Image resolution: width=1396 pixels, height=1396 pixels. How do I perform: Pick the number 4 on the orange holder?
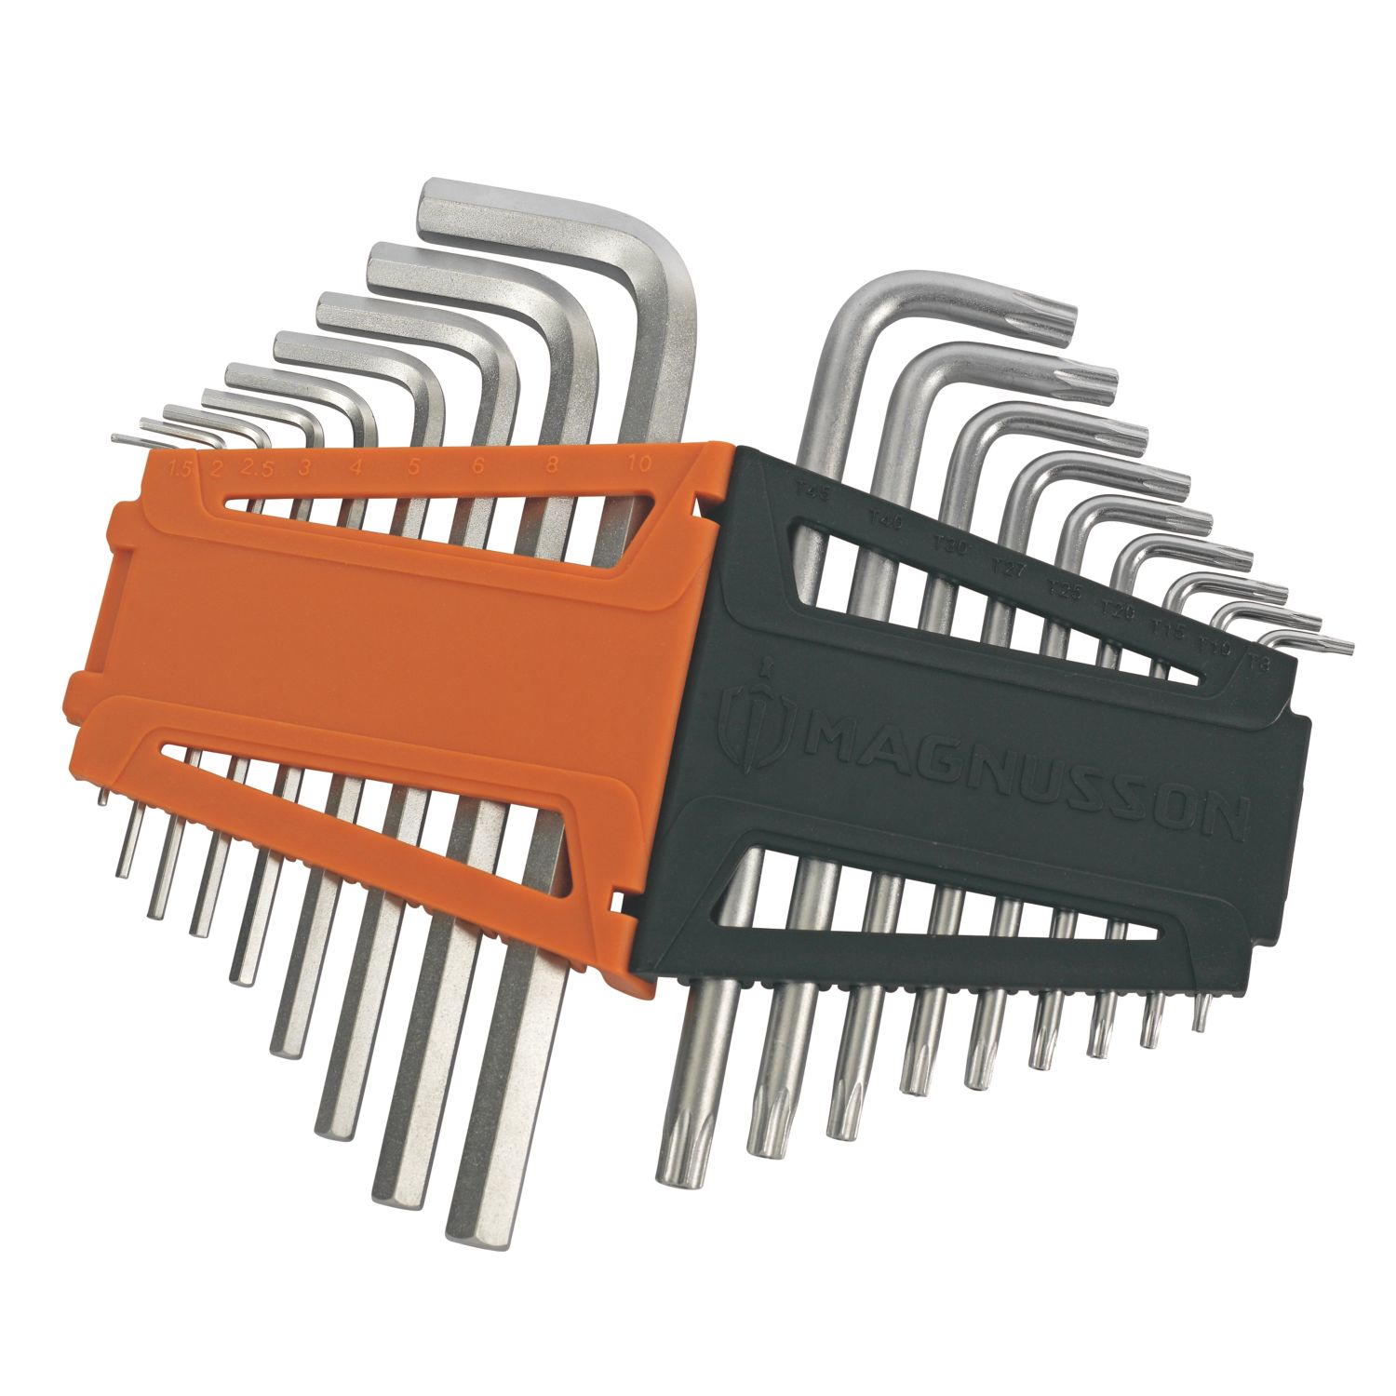pos(355,468)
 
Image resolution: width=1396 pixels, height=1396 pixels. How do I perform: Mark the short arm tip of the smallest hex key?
pos(117,437)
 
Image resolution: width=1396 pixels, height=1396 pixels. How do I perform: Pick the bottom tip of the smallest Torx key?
pos(1202,1022)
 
